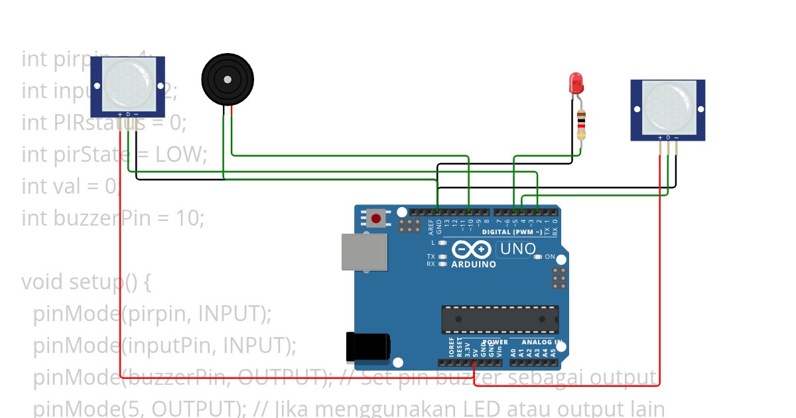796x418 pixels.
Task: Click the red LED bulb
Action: point(576,84)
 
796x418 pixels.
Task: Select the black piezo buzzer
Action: point(228,80)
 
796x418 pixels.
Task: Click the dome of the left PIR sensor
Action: point(127,84)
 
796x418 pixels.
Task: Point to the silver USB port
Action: point(364,252)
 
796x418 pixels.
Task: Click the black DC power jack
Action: point(367,348)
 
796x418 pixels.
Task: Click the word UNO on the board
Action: point(518,249)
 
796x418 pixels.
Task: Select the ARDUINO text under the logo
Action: point(474,265)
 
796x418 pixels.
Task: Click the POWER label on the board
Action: point(495,342)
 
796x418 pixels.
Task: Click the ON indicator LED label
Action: point(549,257)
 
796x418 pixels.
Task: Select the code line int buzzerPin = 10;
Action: point(113,218)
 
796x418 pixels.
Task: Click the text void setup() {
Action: point(86,282)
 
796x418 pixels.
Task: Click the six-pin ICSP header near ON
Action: point(559,278)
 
